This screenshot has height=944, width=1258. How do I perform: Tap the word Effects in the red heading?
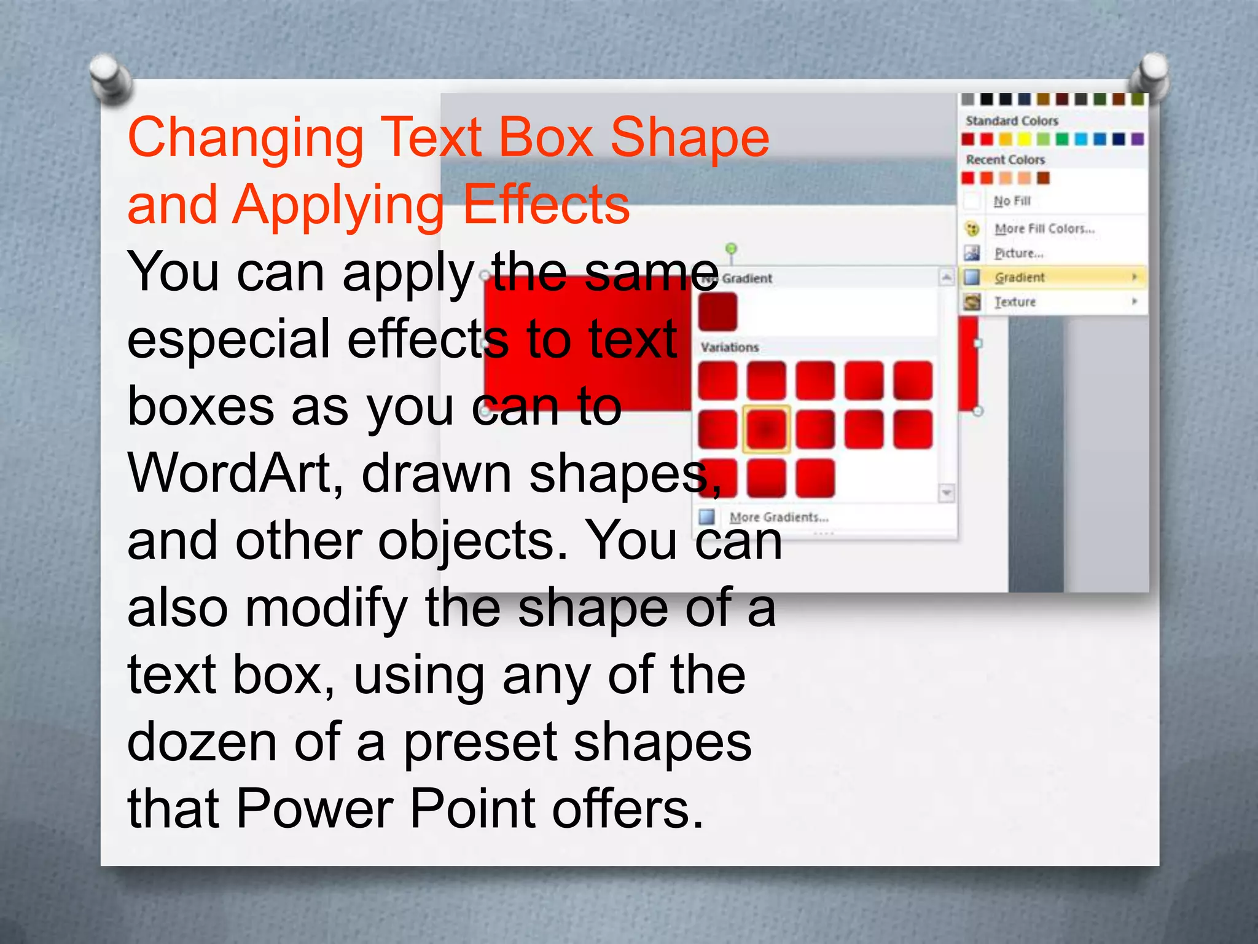click(x=546, y=205)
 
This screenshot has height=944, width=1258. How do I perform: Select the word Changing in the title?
click(x=246, y=138)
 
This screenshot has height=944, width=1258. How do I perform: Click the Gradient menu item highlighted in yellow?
click(x=1020, y=277)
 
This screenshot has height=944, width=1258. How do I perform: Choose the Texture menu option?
click(x=1015, y=302)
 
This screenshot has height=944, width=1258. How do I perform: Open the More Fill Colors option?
click(x=1044, y=229)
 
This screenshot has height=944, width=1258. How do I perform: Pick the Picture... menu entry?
click(x=1019, y=253)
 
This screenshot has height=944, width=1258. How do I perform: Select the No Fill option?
click(x=1012, y=201)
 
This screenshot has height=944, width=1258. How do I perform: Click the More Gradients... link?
click(x=778, y=517)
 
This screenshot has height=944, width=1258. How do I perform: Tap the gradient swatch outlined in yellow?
click(x=766, y=428)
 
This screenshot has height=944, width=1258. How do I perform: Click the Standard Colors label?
click(x=1012, y=120)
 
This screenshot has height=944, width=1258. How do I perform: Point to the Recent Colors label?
click(x=1005, y=160)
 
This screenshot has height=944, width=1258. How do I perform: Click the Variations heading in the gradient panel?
click(x=730, y=347)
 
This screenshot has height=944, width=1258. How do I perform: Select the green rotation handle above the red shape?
click(x=731, y=248)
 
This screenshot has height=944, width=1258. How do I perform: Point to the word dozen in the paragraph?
click(x=203, y=742)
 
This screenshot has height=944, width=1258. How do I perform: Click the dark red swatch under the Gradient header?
click(x=717, y=311)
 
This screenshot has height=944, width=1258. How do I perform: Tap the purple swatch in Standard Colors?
click(x=1138, y=139)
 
